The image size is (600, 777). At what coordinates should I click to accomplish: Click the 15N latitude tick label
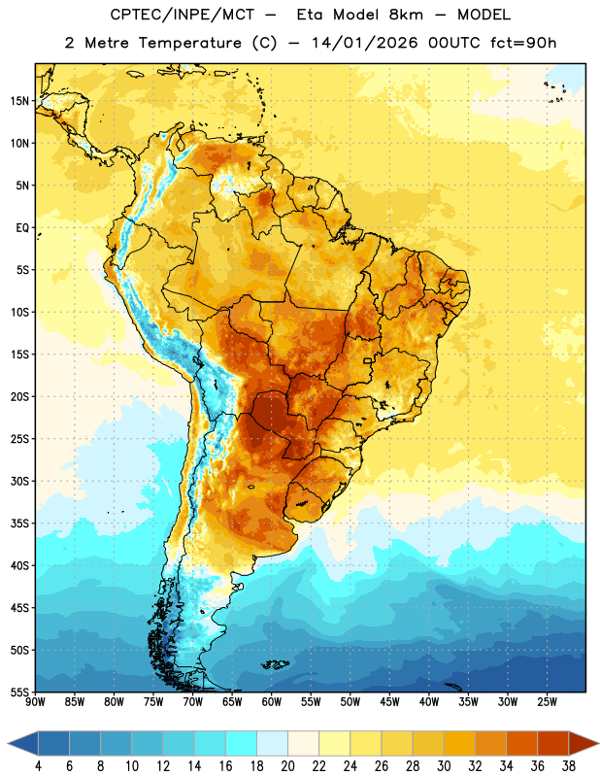tap(19, 101)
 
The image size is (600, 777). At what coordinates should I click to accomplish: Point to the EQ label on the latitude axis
tap(22, 228)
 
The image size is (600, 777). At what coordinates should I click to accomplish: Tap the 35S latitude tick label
tap(19, 524)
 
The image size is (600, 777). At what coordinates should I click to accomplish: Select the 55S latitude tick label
tap(19, 693)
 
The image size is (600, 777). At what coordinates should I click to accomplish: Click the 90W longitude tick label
tap(36, 702)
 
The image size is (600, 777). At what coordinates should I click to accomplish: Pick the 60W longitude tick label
tap(272, 702)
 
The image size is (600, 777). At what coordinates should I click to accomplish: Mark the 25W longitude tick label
tap(547, 702)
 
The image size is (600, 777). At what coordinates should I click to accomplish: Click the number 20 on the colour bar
tap(287, 765)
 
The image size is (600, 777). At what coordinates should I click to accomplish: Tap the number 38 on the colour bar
tap(569, 765)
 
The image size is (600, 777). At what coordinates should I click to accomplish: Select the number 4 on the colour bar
tap(38, 765)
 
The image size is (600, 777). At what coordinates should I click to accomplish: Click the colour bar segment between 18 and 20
tap(272, 743)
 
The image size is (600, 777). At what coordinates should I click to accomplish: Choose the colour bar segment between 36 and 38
tap(553, 743)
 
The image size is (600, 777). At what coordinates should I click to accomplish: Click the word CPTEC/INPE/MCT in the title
tap(182, 15)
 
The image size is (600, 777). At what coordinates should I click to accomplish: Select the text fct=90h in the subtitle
tap(523, 43)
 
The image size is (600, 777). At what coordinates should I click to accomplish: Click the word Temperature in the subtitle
tap(189, 43)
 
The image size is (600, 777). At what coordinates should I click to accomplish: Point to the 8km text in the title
tap(407, 15)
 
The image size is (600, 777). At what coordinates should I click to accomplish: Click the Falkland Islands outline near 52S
tap(276, 664)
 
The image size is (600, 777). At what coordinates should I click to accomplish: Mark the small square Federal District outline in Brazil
tap(368, 360)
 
